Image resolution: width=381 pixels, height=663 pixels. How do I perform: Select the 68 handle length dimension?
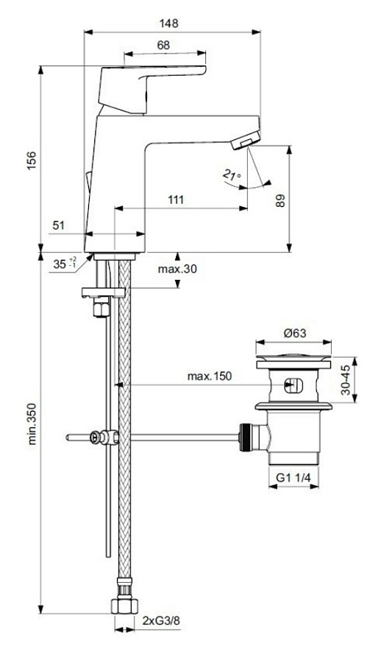click(x=163, y=46)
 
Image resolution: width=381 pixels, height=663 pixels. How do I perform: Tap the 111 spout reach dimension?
click(x=175, y=200)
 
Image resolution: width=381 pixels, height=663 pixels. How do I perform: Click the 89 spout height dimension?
click(x=280, y=200)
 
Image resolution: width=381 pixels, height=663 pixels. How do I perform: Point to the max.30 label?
click(x=177, y=270)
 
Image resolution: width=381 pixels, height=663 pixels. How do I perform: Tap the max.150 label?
click(x=208, y=376)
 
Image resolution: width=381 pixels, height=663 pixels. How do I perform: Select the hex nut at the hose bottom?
click(x=123, y=606)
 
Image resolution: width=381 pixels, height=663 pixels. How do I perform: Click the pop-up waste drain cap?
click(x=293, y=362)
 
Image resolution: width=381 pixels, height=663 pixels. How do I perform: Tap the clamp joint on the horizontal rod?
click(x=102, y=438)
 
